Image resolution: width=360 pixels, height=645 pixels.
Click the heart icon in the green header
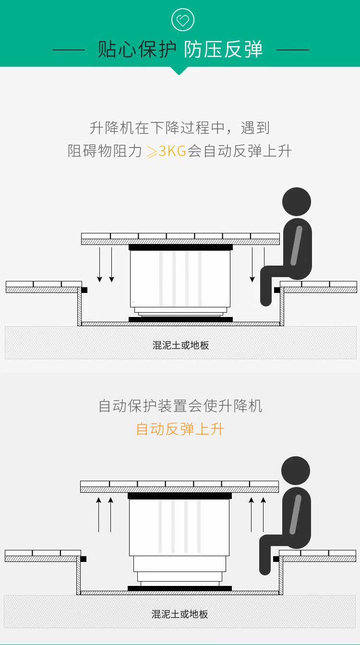click(182, 21)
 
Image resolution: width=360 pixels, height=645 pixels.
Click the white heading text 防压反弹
click(223, 49)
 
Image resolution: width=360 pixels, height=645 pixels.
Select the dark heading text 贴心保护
click(137, 49)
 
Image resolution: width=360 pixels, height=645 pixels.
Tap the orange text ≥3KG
click(166, 152)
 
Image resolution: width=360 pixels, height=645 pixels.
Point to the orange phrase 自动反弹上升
click(180, 429)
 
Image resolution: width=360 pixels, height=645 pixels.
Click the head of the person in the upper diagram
click(296, 202)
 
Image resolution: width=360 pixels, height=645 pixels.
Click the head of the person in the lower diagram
click(295, 471)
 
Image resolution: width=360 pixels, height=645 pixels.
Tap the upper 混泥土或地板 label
click(180, 345)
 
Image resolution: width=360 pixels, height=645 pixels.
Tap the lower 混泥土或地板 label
click(180, 614)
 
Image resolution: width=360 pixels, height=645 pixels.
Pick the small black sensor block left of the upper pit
click(84, 290)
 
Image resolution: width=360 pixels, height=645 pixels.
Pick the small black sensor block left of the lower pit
click(84, 559)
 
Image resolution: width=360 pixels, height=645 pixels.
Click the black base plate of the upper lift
click(180, 319)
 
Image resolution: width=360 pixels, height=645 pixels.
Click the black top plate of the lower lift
click(180, 496)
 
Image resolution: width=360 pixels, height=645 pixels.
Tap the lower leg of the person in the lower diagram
click(265, 557)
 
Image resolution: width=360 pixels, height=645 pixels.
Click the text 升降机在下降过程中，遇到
click(180, 128)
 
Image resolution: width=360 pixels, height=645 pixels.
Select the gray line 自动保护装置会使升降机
click(180, 406)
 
